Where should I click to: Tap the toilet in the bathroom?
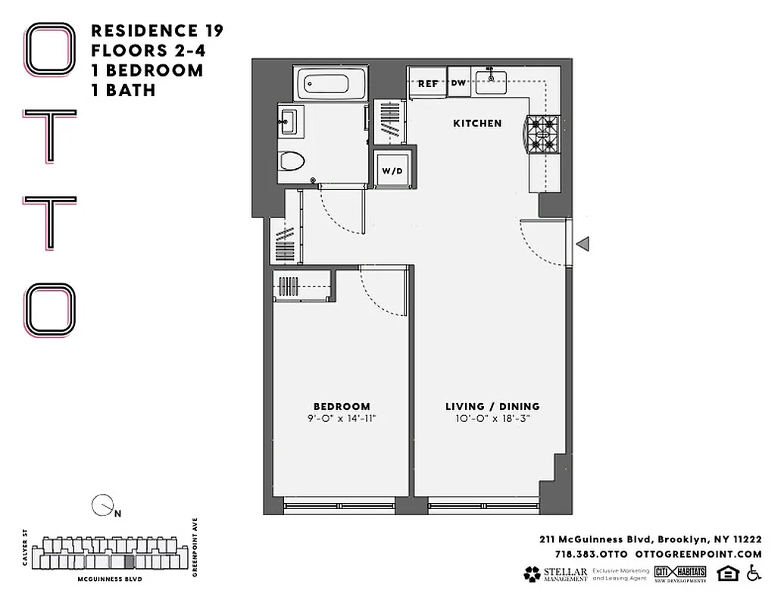[x=291, y=161]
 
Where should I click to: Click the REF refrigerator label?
[x=428, y=84]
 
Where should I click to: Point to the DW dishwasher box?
[x=459, y=83]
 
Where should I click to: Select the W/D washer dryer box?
[x=392, y=170]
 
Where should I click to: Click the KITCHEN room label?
[x=477, y=123]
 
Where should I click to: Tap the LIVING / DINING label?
[x=492, y=406]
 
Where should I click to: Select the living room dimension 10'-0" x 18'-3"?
[x=492, y=419]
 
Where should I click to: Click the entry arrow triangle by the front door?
[x=583, y=243]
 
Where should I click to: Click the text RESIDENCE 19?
[x=157, y=31]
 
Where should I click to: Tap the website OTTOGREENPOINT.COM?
[x=698, y=554]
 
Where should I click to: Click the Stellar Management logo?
[x=555, y=574]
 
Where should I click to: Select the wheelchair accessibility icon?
[x=753, y=573]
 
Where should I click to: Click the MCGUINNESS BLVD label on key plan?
[x=110, y=579]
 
